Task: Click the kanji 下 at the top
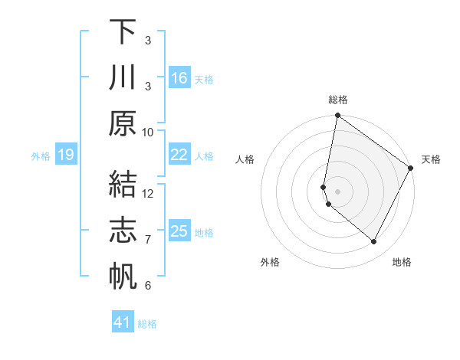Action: pyautogui.click(x=123, y=31)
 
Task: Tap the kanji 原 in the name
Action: pyautogui.click(x=123, y=122)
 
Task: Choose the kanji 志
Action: pyautogui.click(x=123, y=229)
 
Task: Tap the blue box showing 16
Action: pyautogui.click(x=179, y=77)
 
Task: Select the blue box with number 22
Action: pyautogui.click(x=179, y=155)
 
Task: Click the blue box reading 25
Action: pyautogui.click(x=179, y=231)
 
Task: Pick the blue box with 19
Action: pyautogui.click(x=65, y=155)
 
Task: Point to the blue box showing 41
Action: pyautogui.click(x=123, y=322)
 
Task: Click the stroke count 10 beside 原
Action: pyautogui.click(x=148, y=132)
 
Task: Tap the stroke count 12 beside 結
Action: pyautogui.click(x=148, y=193)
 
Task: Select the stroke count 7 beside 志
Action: pyautogui.click(x=148, y=240)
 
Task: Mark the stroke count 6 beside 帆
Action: pyautogui.click(x=148, y=286)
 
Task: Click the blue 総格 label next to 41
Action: pyautogui.click(x=147, y=324)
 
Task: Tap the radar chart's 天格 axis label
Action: pyautogui.click(x=431, y=159)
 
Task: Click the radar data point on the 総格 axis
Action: pyautogui.click(x=337, y=116)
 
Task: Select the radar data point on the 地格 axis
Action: pyautogui.click(x=373, y=242)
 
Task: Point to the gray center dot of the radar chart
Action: pyautogui.click(x=337, y=190)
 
